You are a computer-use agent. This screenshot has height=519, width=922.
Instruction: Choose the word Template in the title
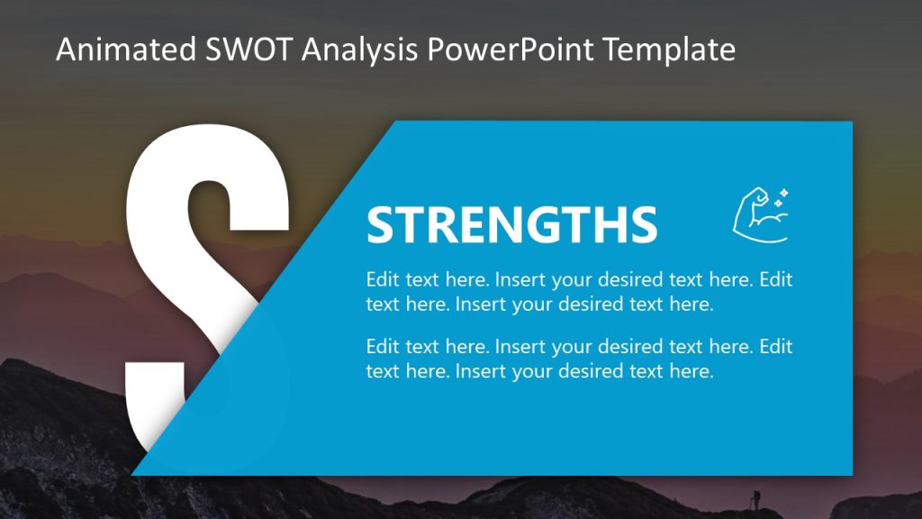[669, 50]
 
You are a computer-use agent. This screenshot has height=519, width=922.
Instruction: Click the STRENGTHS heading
[511, 224]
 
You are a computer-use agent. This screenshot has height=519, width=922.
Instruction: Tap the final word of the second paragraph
[694, 371]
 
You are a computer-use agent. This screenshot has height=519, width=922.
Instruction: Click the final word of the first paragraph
[694, 304]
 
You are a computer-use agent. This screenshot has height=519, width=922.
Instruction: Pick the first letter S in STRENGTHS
[382, 224]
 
